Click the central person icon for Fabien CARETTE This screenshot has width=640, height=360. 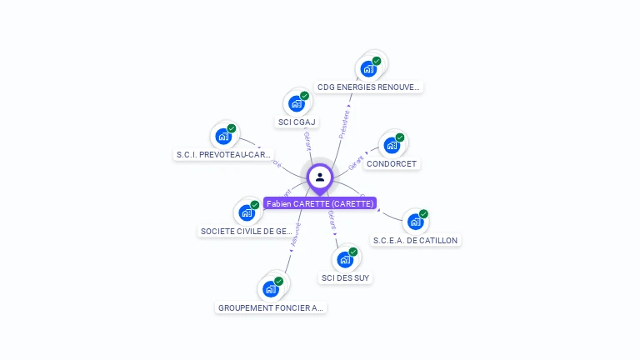point(320,177)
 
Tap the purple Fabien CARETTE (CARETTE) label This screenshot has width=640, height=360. point(320,203)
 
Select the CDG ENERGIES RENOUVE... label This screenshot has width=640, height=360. point(369,87)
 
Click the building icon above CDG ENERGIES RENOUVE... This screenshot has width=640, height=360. point(368,68)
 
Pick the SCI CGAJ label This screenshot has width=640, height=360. point(297,122)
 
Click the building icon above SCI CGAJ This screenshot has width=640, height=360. point(296,103)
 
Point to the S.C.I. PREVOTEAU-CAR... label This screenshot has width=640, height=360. point(223,154)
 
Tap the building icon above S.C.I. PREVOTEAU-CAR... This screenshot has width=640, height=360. point(222,136)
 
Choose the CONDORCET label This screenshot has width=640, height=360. point(392,164)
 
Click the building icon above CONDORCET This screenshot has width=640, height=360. point(391,146)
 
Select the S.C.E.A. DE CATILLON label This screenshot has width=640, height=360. point(415,240)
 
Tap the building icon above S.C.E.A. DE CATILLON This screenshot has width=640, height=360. point(414,222)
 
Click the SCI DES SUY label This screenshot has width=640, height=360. point(345,277)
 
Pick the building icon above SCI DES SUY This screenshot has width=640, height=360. point(344,259)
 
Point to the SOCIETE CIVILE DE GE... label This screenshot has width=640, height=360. point(247,231)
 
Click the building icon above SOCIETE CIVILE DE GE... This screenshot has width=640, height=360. point(246,212)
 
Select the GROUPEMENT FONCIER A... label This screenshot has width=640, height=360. point(271,307)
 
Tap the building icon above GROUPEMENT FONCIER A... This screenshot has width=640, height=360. point(270,289)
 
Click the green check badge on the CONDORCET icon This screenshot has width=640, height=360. point(400,137)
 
